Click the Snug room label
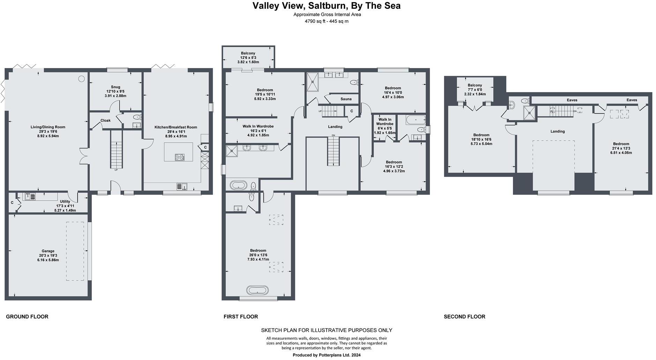pos(115,87)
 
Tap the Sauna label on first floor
pos(346,99)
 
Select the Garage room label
pos(48,251)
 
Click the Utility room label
pos(65,202)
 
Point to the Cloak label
pos(105,121)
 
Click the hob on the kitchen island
pos(179,158)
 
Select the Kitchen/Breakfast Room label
pos(176,127)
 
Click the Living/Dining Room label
pos(48,127)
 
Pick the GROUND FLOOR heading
pos(27,317)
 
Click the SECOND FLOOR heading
pos(464,317)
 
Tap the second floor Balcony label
pos(475,85)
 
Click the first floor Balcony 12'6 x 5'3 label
pos(248,53)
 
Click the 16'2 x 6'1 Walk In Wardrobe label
pos(258,126)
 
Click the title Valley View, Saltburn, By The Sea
pos(327,6)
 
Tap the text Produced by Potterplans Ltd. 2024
pos(327,355)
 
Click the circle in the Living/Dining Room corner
pos(81,79)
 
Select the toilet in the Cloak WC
pos(137,117)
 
